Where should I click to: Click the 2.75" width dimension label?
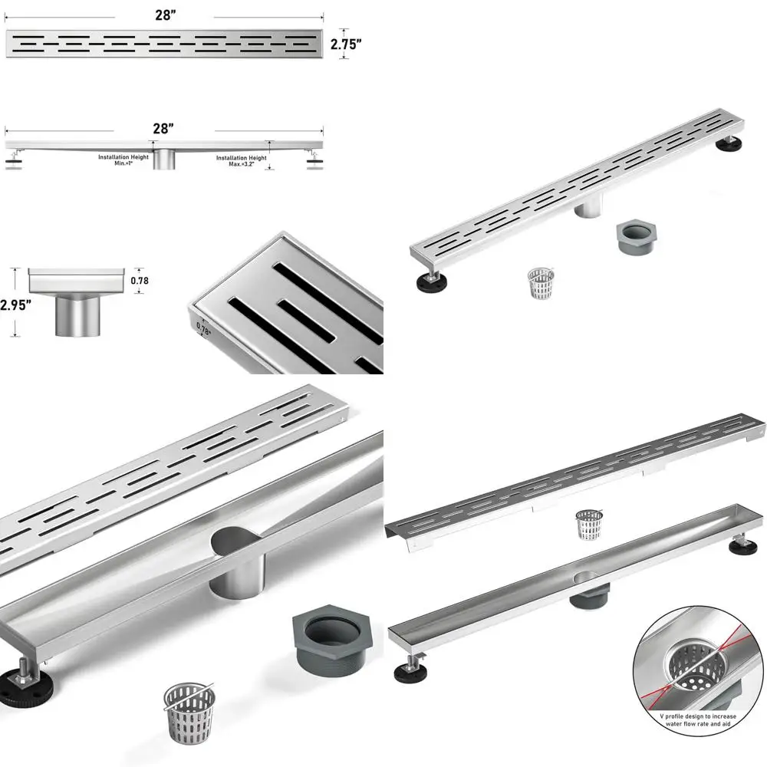[x=346, y=44]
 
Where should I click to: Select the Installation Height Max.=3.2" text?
[x=242, y=160]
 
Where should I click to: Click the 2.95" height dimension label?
[x=15, y=304]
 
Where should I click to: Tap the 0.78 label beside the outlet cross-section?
[x=140, y=281]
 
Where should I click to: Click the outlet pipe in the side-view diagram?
[x=163, y=160]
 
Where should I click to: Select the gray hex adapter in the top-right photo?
[x=635, y=238]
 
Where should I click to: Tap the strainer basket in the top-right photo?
[x=541, y=282]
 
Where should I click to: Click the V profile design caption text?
[x=698, y=721]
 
